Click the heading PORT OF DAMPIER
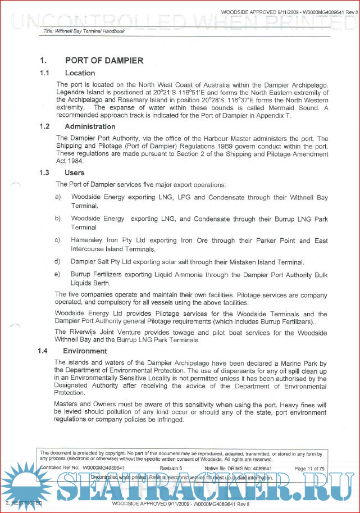104,61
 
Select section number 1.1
44,73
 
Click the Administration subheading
90,126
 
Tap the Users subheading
75,173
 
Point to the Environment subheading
85,351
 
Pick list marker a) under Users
58,197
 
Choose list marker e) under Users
58,274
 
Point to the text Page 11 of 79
309,468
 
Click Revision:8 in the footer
171,468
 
